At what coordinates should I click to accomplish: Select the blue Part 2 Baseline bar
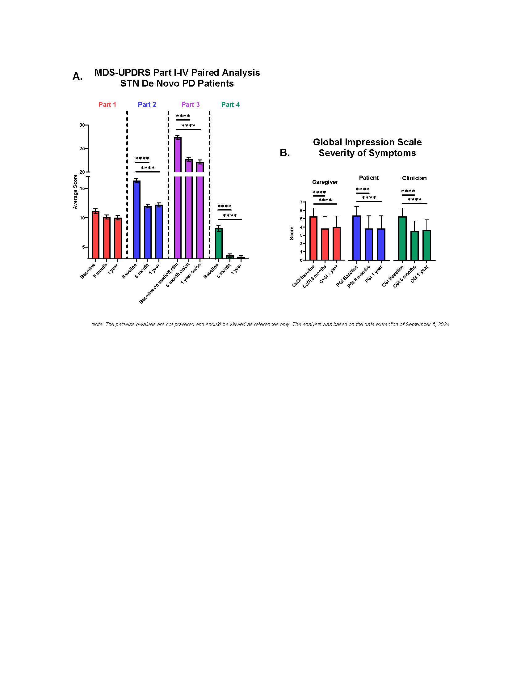point(136,219)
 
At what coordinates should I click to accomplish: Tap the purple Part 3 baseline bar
point(178,199)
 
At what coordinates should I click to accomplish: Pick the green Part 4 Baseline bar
point(219,244)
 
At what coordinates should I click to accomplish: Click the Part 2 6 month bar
point(147,232)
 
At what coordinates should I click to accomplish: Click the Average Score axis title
point(75,192)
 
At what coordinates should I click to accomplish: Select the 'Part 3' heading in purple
point(190,104)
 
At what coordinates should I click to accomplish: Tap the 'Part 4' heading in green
point(230,104)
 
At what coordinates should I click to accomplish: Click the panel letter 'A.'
point(78,76)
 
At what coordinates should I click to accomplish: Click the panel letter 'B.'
point(285,153)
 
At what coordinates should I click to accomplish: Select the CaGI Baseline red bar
point(313,238)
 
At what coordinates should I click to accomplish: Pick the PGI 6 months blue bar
point(368,244)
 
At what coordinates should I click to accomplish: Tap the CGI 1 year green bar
point(426,245)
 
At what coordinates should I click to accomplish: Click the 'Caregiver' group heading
point(325,182)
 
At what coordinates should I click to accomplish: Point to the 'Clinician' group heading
point(414,178)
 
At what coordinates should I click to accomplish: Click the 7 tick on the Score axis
point(301,202)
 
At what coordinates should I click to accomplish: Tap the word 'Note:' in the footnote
point(97,325)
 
